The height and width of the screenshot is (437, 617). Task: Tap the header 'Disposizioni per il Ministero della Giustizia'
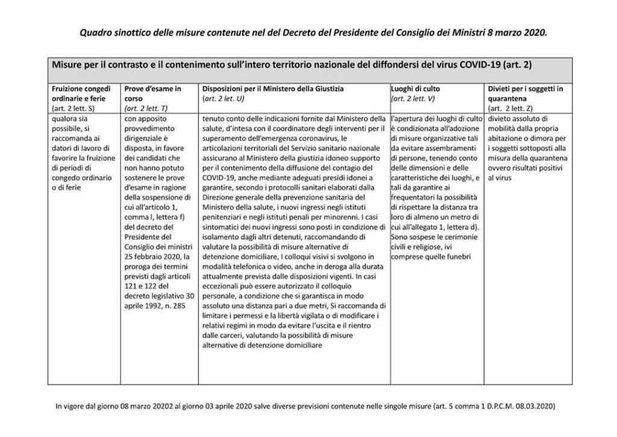273,89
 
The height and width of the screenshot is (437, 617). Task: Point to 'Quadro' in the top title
96,33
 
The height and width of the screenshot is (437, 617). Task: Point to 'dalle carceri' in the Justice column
224,335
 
